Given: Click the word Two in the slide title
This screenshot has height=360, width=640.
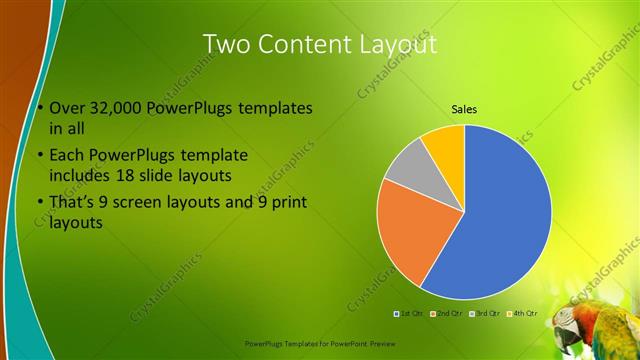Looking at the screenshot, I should point(226,44).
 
